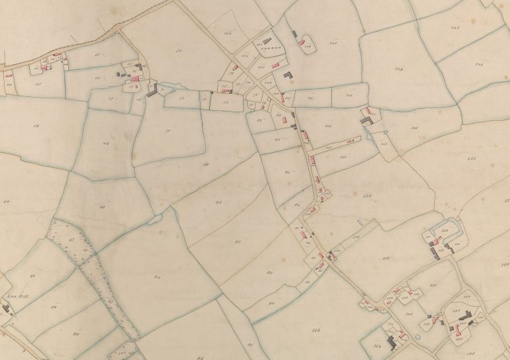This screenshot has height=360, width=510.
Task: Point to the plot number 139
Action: [398, 69]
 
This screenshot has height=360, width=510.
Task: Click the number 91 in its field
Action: [270, 273]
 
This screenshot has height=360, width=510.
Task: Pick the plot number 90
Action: [272, 304]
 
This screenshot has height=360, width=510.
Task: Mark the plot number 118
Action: [385, 258]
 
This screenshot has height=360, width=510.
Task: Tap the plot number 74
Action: [168, 132]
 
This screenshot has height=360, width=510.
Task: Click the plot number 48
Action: [36, 126]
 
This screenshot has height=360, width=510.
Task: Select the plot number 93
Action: [218, 201]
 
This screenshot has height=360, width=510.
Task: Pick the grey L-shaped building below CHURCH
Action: [288, 78]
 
